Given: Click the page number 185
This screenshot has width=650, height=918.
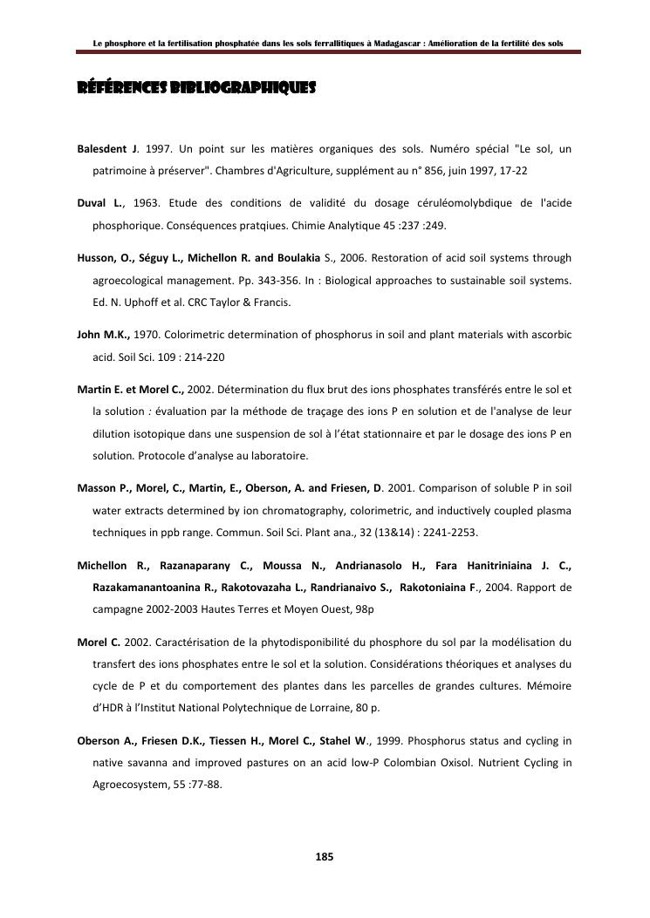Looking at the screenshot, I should (x=324, y=857).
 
